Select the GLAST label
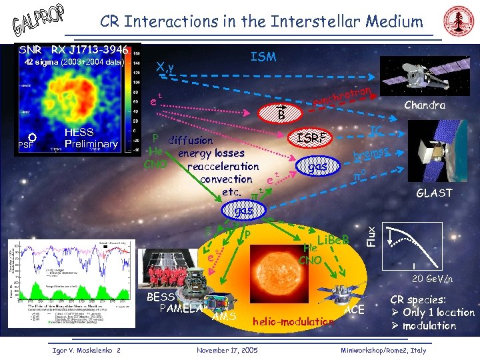point(434,193)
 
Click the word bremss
point(371,153)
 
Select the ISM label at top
point(263,57)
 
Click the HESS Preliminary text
point(90,138)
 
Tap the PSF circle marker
point(32,139)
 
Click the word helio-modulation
point(293,322)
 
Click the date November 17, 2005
point(229,350)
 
